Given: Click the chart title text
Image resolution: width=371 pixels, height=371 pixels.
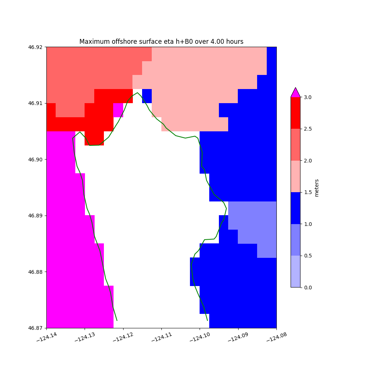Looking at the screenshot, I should (x=161, y=42).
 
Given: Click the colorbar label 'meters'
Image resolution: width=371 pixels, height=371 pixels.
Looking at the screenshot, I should (x=316, y=188).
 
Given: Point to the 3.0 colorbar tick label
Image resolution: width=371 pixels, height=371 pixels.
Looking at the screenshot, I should (x=308, y=97).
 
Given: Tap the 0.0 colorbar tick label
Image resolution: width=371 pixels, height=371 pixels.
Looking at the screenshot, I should (x=308, y=288).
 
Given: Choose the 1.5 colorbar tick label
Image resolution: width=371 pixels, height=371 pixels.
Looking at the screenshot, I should (x=308, y=192).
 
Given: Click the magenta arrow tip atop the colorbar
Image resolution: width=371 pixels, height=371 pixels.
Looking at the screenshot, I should (x=295, y=91).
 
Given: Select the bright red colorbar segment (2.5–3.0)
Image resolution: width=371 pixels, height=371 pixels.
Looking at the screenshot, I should (x=295, y=113).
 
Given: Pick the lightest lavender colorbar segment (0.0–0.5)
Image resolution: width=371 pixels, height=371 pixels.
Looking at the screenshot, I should (x=295, y=271).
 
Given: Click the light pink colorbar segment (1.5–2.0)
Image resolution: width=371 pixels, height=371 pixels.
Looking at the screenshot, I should (x=295, y=176).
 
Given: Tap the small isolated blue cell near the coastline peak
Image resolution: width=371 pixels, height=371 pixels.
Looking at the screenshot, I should (x=147, y=96).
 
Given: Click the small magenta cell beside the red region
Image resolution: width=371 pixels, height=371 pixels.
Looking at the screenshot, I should (x=118, y=110).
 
